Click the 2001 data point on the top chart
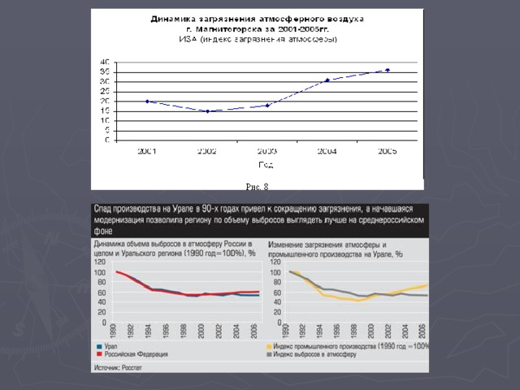(147, 102)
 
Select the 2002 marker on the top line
(207, 111)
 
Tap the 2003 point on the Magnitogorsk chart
(267, 106)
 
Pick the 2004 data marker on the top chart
(327, 80)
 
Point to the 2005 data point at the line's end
(388, 70)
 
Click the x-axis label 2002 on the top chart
(207, 151)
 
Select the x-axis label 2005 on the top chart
(388, 151)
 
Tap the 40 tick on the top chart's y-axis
(105, 62)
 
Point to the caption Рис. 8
(258, 188)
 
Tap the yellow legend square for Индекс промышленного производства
(269, 346)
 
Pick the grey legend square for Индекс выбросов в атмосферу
(269, 355)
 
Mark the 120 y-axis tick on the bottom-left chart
(98, 262)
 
